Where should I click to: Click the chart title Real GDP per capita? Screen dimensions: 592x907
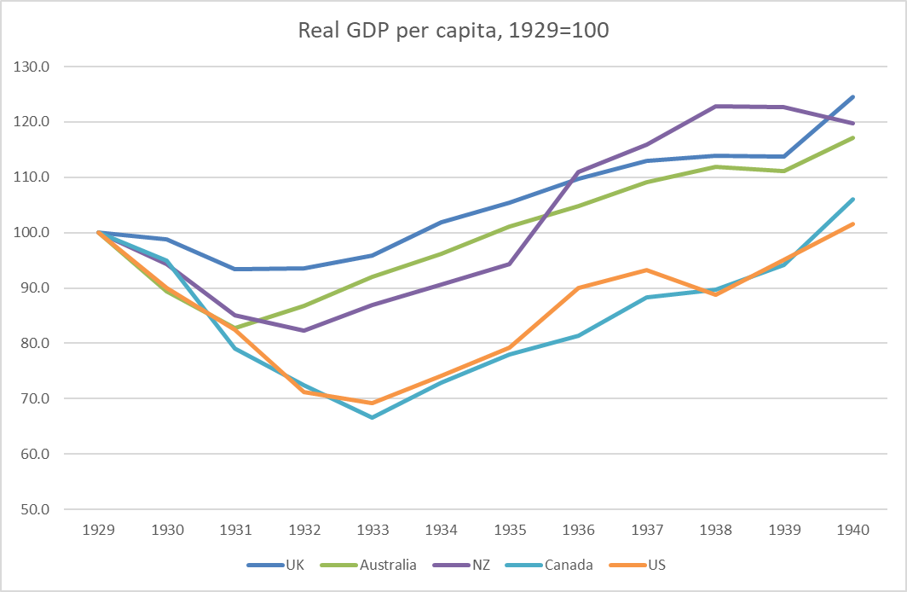coord(453,32)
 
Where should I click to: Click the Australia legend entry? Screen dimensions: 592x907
coord(386,564)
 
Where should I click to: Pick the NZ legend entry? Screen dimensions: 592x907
coord(480,564)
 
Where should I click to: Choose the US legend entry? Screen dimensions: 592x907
coord(657,564)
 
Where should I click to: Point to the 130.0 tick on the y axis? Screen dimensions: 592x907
coord(32,67)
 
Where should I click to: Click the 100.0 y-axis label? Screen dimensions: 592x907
coord(32,233)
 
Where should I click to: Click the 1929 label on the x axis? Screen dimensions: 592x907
coord(100,530)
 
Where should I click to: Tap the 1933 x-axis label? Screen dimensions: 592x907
coord(373,530)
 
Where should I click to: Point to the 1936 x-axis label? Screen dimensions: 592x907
coord(578,530)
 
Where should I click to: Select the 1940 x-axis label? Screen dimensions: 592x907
coord(852,530)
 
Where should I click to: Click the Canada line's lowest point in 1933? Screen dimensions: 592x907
coord(373,417)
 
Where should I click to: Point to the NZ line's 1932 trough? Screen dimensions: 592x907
coord(304,330)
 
